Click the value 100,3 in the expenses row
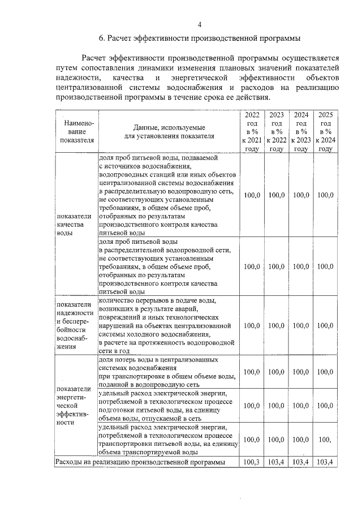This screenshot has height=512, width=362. [x=252, y=462]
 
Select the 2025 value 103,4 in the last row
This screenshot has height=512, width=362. [x=325, y=462]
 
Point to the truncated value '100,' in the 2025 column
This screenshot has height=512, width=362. [x=324, y=439]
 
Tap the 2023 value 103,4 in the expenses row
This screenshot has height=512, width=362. [x=277, y=462]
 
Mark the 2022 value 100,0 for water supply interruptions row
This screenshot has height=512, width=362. [x=252, y=325]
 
